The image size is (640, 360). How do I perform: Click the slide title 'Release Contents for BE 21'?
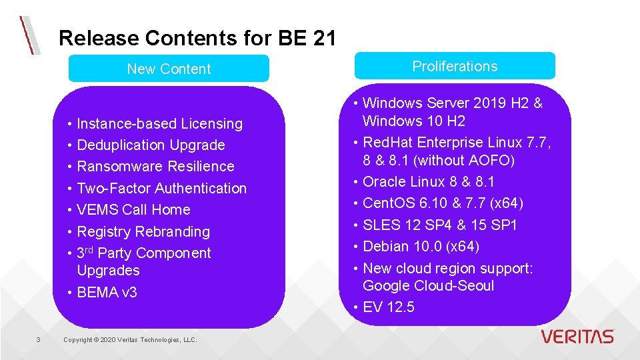pyautogui.click(x=197, y=38)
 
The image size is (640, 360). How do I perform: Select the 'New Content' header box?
pyautogui.click(x=169, y=69)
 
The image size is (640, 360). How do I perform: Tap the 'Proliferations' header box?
pyautogui.click(x=455, y=66)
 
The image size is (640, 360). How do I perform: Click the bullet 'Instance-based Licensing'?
pyautogui.click(x=159, y=123)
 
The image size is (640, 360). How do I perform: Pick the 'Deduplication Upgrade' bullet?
pyautogui.click(x=151, y=145)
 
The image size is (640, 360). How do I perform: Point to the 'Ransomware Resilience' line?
pyautogui.click(x=155, y=166)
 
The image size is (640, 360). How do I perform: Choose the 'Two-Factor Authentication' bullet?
pyautogui.click(x=161, y=188)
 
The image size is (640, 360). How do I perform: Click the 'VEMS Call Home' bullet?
pyautogui.click(x=133, y=209)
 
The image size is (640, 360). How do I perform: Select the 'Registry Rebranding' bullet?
pyautogui.click(x=143, y=231)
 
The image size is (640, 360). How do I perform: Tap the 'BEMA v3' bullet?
pyautogui.click(x=107, y=292)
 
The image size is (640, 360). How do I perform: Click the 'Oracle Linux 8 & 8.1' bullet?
pyautogui.click(x=428, y=181)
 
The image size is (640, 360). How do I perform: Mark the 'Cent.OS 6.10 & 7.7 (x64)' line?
pyautogui.click(x=443, y=203)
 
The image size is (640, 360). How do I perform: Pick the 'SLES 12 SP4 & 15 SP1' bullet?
pyautogui.click(x=439, y=225)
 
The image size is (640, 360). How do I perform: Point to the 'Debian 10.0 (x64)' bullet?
pyautogui.click(x=421, y=246)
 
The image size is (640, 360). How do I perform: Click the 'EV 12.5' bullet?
pyautogui.click(x=388, y=307)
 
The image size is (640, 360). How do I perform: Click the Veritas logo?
pyautogui.click(x=577, y=337)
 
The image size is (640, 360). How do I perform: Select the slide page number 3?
pyautogui.click(x=38, y=340)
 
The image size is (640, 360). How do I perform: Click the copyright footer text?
pyautogui.click(x=130, y=340)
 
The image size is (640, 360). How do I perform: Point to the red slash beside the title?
pyautogui.click(x=28, y=35)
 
